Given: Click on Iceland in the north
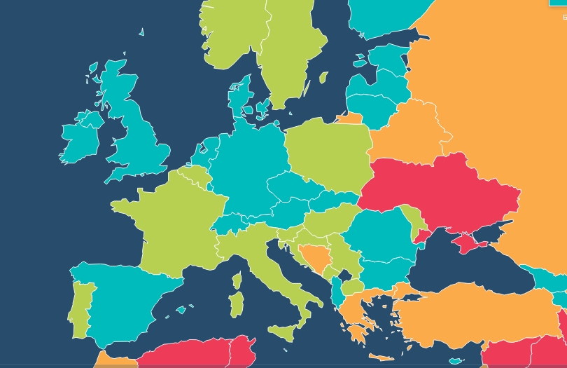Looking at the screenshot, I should pos(141,32).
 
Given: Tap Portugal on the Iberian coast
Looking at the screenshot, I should pos(81,305).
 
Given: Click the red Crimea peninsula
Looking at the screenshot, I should pos(466,243).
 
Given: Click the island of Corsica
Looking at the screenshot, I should pos(237,281).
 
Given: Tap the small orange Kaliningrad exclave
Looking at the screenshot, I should pos(350,118).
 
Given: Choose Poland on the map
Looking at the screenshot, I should pos(327,151).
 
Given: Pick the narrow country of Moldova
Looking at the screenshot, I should pos(418,224).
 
